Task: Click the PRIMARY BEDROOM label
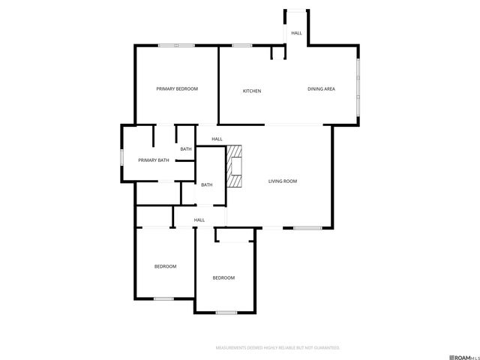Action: tap(177, 89)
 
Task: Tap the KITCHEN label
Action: tap(251, 91)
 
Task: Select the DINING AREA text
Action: tap(321, 89)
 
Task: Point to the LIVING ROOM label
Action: tap(283, 181)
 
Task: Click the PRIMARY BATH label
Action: tap(153, 160)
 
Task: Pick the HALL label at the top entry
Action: tap(296, 33)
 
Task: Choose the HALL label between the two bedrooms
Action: tap(199, 220)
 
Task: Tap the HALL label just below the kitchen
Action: tap(217, 139)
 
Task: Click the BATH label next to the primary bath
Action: tap(185, 149)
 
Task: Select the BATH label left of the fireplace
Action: tap(206, 185)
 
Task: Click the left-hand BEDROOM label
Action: tap(165, 267)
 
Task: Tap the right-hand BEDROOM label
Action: tap(223, 278)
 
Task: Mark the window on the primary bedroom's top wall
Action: tap(176, 46)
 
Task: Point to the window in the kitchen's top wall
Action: tap(241, 46)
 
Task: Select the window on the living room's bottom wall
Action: tap(307, 227)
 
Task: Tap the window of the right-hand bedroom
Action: tap(226, 312)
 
